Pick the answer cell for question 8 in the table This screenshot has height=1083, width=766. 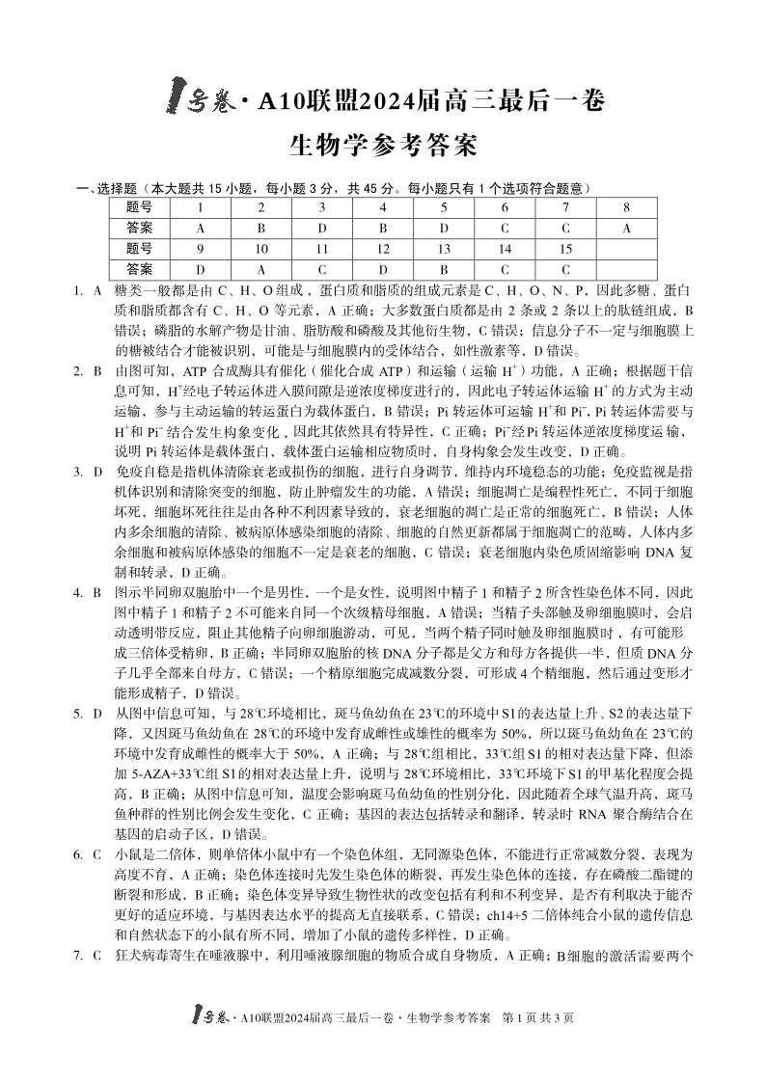[626, 228]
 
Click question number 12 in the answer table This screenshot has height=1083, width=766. [383, 249]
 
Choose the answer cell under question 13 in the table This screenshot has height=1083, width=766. [444, 269]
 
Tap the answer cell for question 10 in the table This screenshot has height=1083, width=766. [260, 269]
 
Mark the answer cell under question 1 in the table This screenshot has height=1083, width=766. [200, 228]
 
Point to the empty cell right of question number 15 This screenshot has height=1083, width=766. [626, 249]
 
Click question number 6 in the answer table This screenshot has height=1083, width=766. [505, 207]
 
